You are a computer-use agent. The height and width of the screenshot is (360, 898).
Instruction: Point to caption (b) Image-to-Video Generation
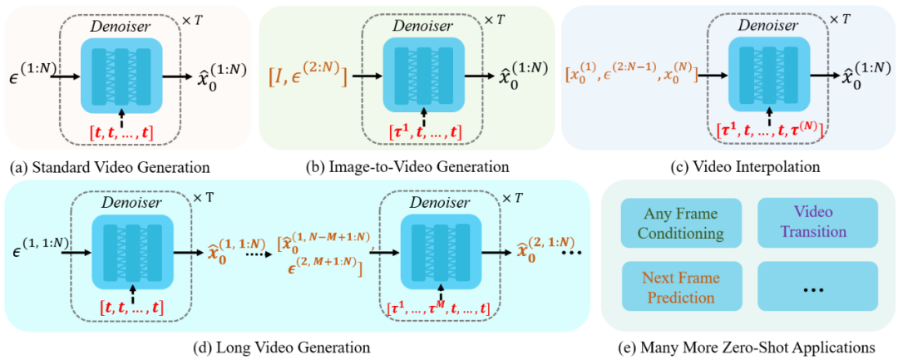click(408, 166)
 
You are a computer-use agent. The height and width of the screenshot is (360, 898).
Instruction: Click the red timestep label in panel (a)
click(124, 131)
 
